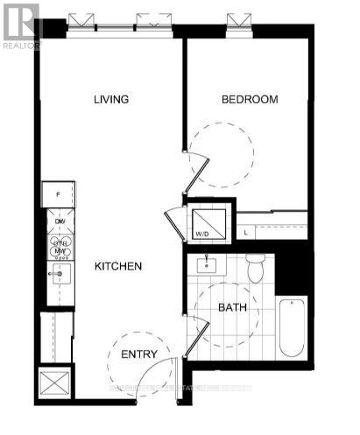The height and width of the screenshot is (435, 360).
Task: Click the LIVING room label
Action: [x=111, y=100]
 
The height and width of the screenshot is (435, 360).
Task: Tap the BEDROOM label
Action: [x=249, y=100]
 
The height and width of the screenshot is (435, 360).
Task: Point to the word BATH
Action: [x=231, y=308]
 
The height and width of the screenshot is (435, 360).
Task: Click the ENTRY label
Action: [x=139, y=354]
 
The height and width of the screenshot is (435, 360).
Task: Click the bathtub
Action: [x=292, y=326]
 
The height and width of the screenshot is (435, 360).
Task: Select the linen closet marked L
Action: [x=247, y=232]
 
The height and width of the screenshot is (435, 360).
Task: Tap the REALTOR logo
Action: [x=20, y=25]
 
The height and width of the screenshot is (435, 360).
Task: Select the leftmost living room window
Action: [x=81, y=20]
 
